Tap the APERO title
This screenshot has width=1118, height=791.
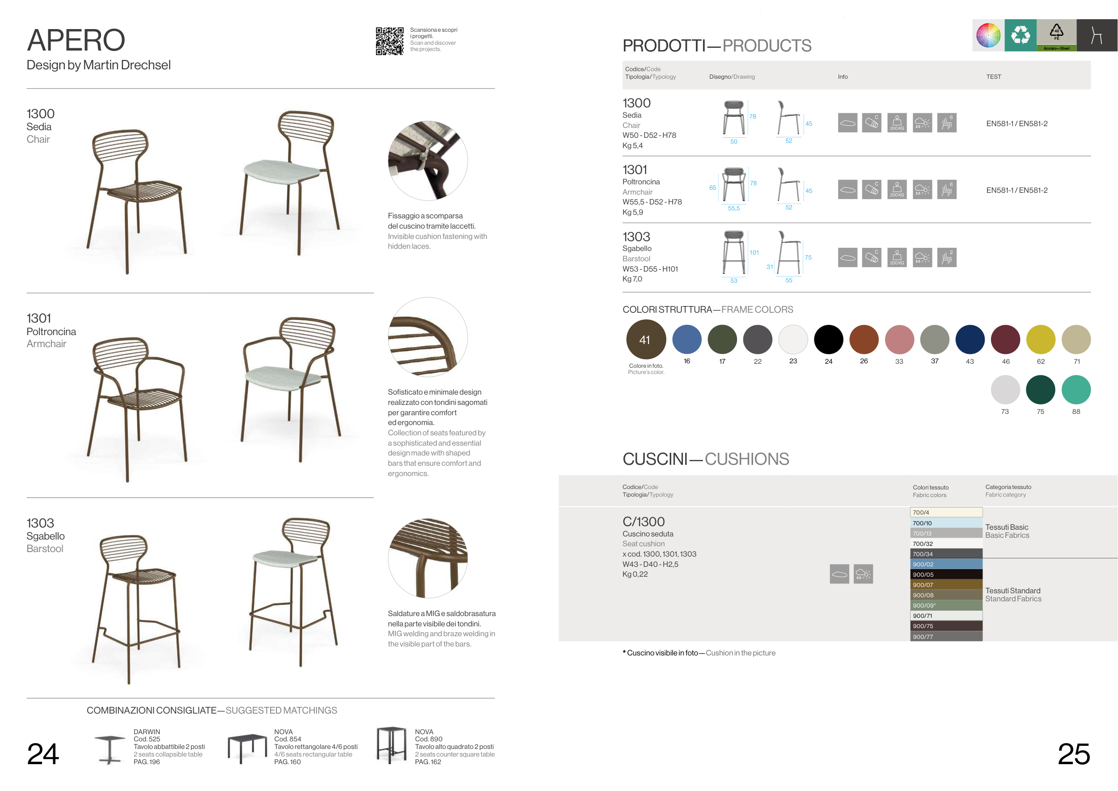76,40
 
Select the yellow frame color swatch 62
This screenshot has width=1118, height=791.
1041,340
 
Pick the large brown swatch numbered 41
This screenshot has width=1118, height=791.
646,340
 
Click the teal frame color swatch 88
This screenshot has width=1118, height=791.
1076,390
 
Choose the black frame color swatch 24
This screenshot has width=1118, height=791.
828,340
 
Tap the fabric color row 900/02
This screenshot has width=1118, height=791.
946,564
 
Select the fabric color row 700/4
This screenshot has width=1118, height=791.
946,512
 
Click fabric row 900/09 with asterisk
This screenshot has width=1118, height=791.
946,605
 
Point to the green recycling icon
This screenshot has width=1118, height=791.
1021,35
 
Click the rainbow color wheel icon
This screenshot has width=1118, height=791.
988,35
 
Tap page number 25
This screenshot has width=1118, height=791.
1074,754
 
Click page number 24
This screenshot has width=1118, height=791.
43,754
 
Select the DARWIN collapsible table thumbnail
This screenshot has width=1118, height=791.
110,749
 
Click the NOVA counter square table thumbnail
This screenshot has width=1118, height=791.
391,745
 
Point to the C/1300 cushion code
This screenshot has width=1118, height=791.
643,522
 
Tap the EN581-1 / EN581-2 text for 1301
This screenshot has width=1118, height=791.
1017,191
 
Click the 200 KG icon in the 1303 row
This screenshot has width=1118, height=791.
897,257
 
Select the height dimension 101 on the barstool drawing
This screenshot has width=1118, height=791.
754,252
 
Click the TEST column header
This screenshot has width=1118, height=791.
993,77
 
